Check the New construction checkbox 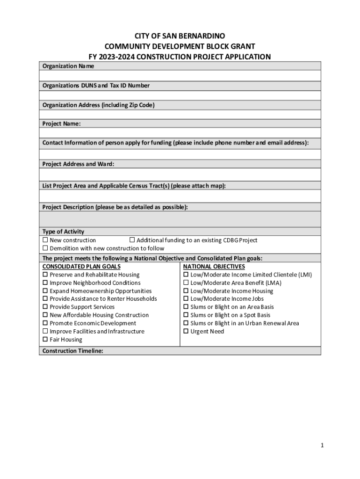pyautogui.click(x=45, y=240)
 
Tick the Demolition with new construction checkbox pyautogui.click(x=45, y=248)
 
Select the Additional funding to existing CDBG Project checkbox pyautogui.click(x=132, y=240)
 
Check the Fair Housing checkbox pyautogui.click(x=45, y=340)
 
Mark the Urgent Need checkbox pyautogui.click(x=186, y=332)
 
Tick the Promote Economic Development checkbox pyautogui.click(x=45, y=323)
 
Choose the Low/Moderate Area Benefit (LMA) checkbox pyautogui.click(x=186, y=283)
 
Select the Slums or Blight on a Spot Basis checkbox pyautogui.click(x=186, y=315)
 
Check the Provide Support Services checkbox pyautogui.click(x=45, y=307)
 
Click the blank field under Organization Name pyautogui.click(x=180, y=76)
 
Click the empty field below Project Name pyautogui.click(x=180, y=133)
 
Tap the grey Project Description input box pyautogui.click(x=180, y=219)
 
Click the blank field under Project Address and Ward pyautogui.click(x=180, y=174)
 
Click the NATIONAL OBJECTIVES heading pyautogui.click(x=214, y=267)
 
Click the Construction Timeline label pyautogui.click(x=72, y=351)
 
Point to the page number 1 pyautogui.click(x=322, y=446)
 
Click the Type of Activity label pyautogui.click(x=63, y=232)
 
